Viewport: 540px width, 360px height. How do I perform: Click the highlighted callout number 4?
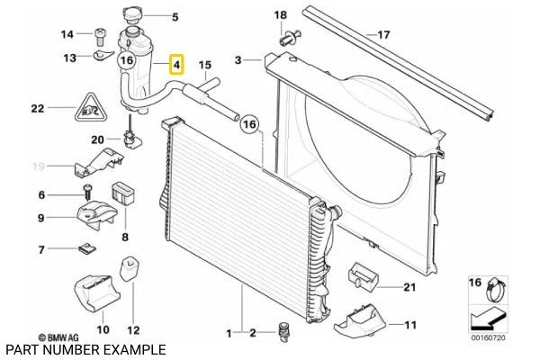(x=177, y=65)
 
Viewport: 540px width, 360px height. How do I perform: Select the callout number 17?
(x=383, y=35)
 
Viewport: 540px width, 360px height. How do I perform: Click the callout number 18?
(x=280, y=15)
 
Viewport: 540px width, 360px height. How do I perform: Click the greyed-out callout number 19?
(x=39, y=166)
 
